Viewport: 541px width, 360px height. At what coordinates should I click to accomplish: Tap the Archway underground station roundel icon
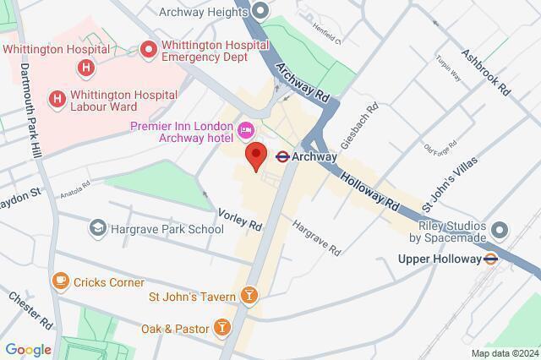point(284,156)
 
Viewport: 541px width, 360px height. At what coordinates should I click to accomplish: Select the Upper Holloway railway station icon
point(489,259)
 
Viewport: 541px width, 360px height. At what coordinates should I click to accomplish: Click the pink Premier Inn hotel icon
point(246,128)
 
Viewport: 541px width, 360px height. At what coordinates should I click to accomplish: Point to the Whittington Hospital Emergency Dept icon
point(150,51)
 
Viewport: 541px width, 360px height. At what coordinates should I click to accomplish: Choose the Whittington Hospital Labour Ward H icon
point(57,99)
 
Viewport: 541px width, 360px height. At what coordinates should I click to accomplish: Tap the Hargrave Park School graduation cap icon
point(98,228)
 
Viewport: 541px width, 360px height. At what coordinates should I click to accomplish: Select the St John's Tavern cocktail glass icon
point(249,295)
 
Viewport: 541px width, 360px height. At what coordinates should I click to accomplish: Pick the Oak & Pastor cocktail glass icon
point(221,326)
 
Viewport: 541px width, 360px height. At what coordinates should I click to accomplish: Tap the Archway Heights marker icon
point(260,10)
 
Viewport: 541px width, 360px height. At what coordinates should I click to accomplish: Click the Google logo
point(27,350)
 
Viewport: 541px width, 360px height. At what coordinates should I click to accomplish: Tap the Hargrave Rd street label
point(316,237)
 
